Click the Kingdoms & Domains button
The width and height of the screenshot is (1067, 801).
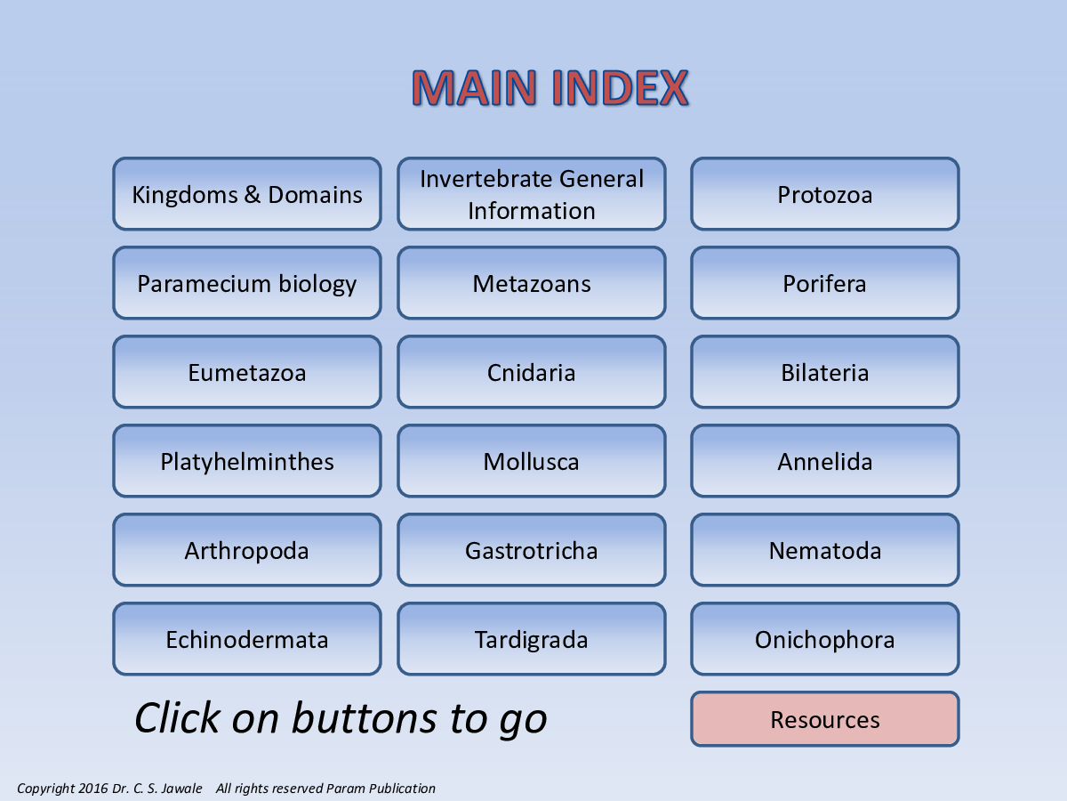[247, 193]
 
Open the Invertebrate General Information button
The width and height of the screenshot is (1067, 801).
[532, 193]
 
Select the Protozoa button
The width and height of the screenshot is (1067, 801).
[825, 193]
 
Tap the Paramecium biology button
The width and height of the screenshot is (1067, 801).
[247, 283]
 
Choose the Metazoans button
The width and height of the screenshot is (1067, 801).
[532, 283]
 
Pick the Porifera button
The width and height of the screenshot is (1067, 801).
[825, 283]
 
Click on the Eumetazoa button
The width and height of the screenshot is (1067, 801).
[247, 372]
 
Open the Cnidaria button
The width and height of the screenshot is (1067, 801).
[532, 372]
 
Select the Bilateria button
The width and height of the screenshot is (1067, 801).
[825, 372]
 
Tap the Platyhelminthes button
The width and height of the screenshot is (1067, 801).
[247, 461]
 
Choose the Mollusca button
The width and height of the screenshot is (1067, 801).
[532, 461]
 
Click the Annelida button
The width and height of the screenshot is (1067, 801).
[825, 461]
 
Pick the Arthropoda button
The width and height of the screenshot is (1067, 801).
[247, 550]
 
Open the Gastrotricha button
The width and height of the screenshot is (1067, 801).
[532, 550]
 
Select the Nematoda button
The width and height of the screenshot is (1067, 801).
[825, 550]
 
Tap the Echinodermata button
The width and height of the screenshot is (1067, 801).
[247, 639]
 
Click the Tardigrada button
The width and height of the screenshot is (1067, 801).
[532, 639]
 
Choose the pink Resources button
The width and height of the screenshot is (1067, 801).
[825, 719]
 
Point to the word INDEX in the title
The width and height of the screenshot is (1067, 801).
[620, 88]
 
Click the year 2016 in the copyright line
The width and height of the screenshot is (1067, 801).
[92, 788]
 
